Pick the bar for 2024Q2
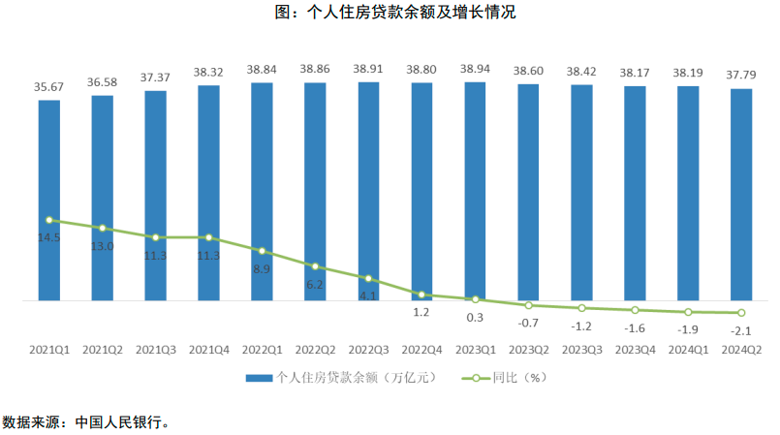click(741, 195)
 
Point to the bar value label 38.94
click(475, 70)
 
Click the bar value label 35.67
click(49, 87)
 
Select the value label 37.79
click(741, 75)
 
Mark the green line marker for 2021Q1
click(49, 220)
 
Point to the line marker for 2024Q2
click(741, 313)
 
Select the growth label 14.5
click(49, 237)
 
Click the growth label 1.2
click(421, 312)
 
